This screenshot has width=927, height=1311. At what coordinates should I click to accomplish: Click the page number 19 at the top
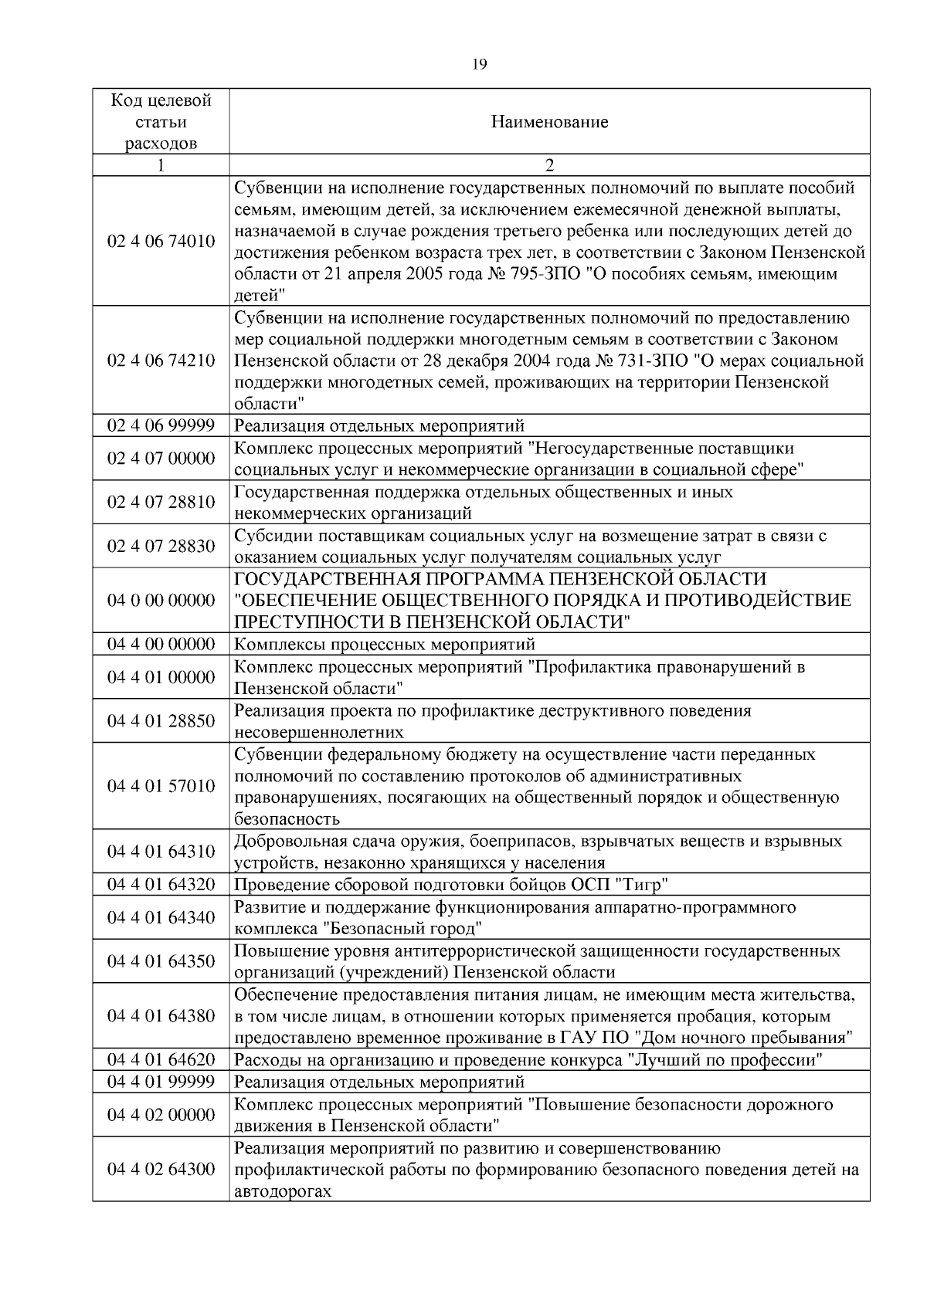point(478,65)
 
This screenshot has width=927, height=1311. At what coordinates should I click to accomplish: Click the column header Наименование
point(549,122)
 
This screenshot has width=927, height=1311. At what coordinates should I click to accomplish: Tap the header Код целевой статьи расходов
point(161,122)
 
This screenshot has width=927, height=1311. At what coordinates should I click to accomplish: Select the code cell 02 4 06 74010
point(161,242)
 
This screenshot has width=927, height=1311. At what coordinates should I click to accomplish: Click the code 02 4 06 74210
point(161,361)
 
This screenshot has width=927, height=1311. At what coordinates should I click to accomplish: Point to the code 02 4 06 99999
point(161,425)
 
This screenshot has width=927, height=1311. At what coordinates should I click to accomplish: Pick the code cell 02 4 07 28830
point(161,546)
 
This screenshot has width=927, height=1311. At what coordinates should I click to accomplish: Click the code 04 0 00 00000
point(161,600)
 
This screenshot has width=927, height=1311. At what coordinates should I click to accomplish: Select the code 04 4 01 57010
point(161,786)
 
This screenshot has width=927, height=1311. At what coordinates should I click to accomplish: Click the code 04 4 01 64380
point(161,1015)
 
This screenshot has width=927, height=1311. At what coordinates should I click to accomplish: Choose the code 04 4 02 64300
point(161,1169)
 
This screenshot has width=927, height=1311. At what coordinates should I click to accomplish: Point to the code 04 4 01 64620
point(161,1059)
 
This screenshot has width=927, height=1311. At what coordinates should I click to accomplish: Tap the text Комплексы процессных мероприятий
point(384,644)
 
